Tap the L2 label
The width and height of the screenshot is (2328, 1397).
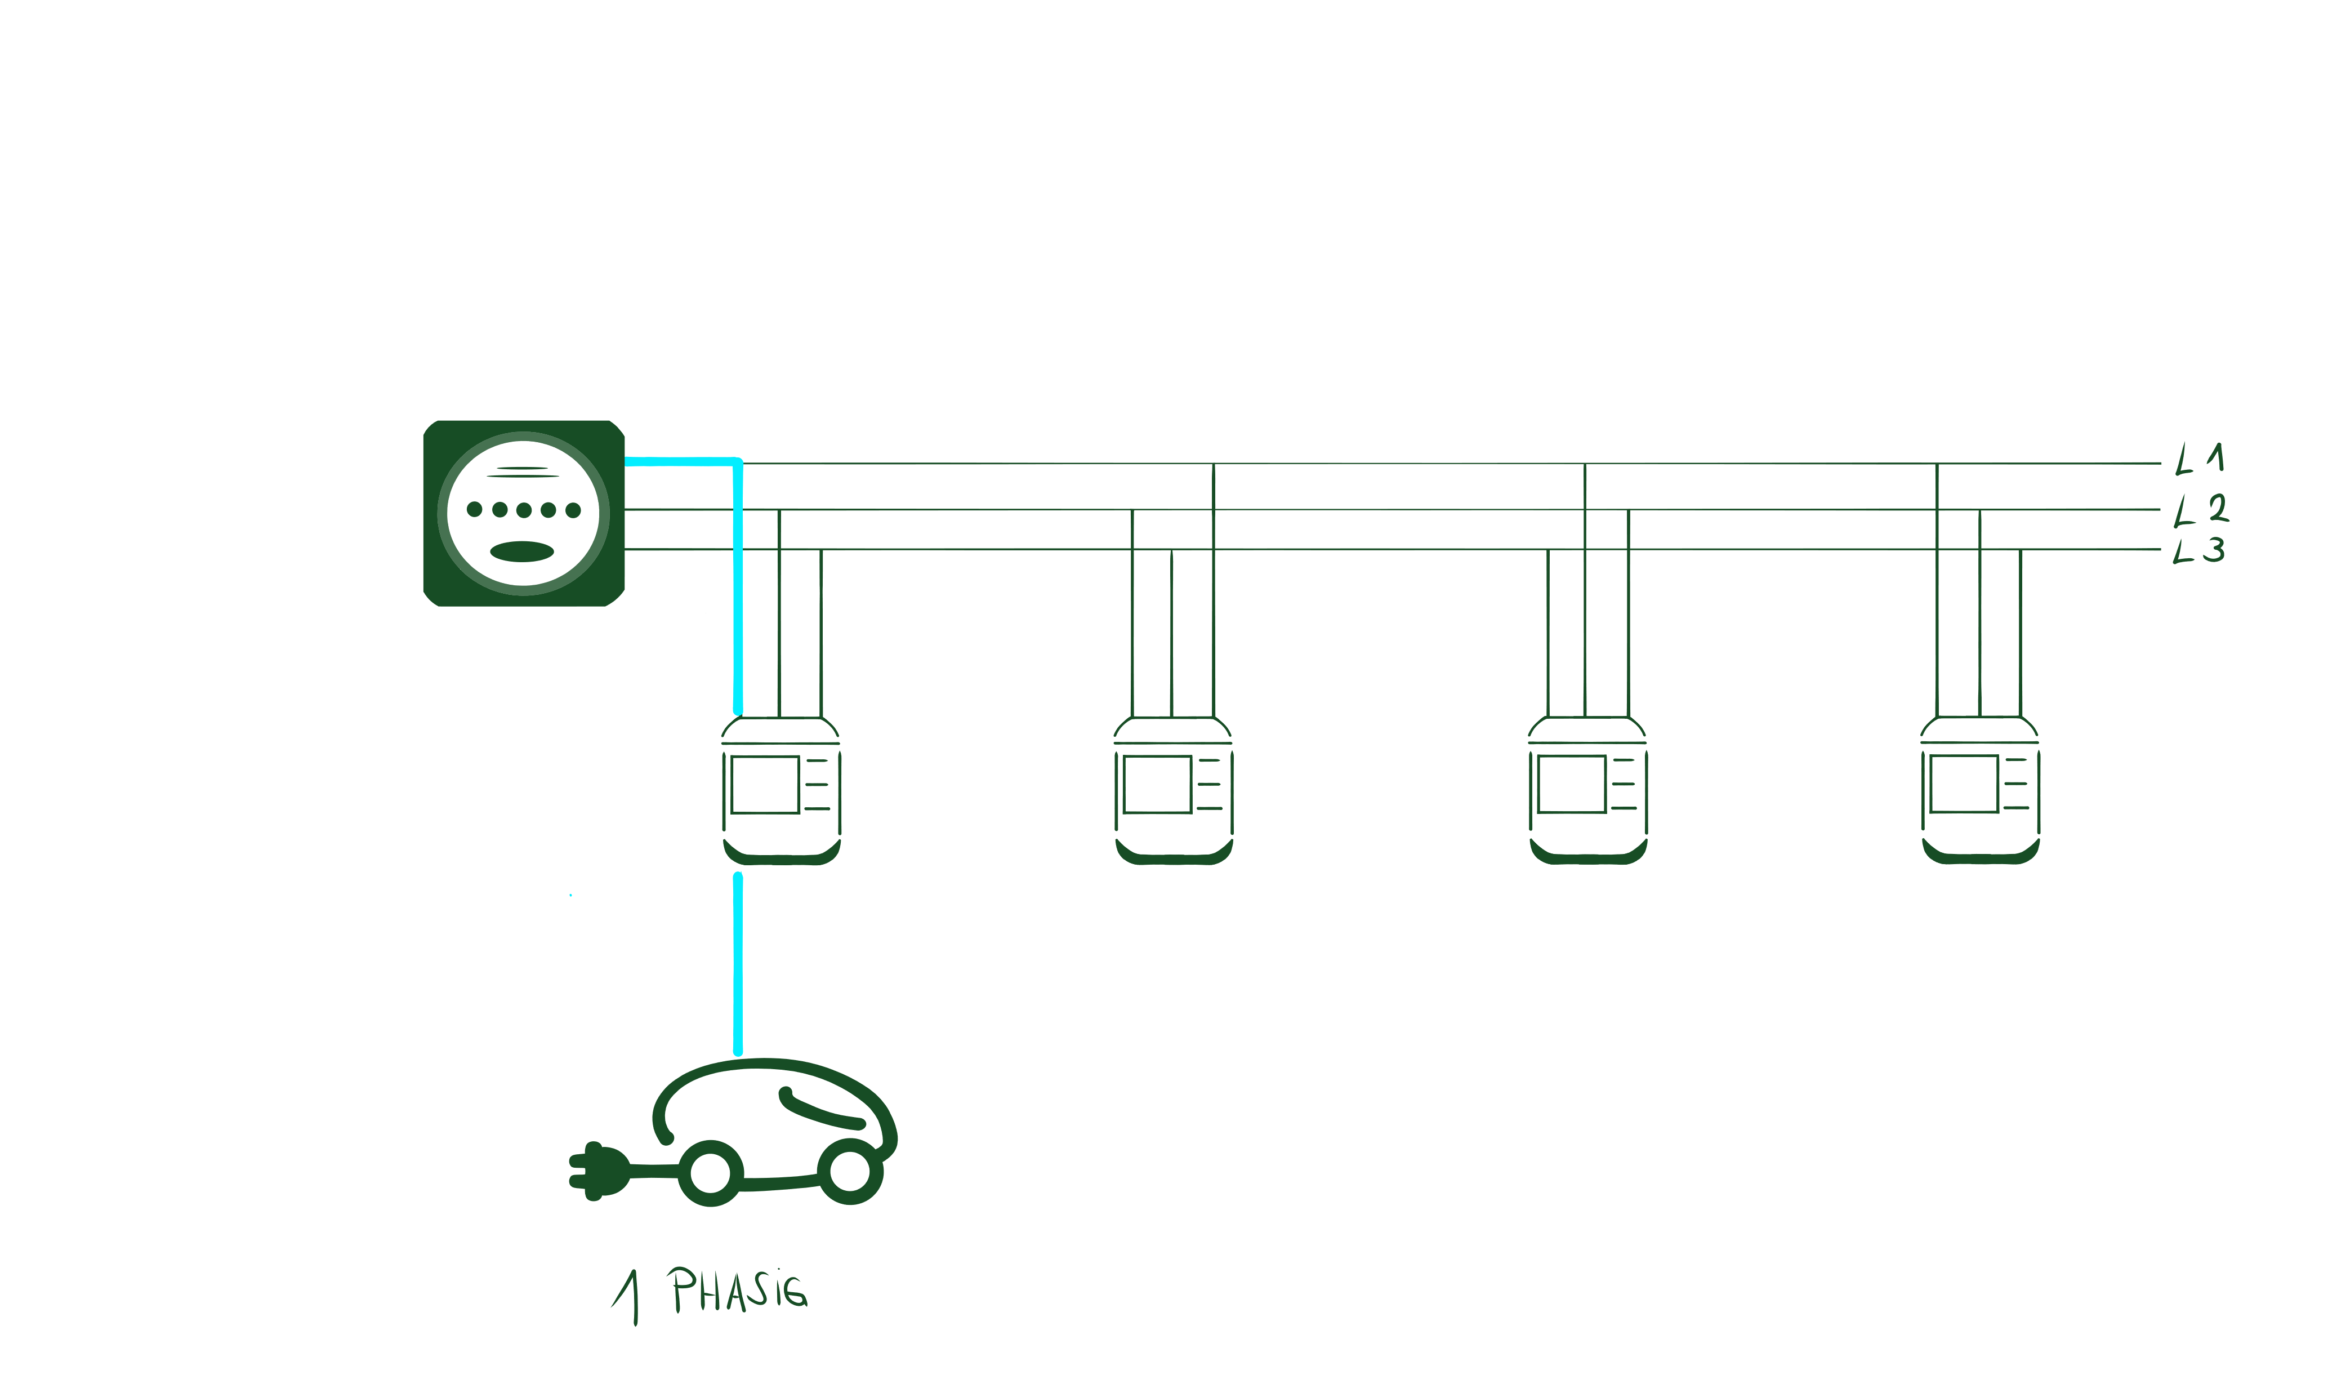tap(2200, 509)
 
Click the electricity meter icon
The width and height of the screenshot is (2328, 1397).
tap(523, 513)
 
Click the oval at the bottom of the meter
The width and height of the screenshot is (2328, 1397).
tap(522, 551)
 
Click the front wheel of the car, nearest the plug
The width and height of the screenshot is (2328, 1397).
tap(711, 1173)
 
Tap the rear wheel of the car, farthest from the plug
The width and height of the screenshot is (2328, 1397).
tap(850, 1171)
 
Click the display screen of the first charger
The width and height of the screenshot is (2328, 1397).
tap(765, 783)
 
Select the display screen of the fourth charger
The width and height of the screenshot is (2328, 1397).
tap(1964, 783)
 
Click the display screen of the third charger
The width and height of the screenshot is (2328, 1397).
tap(1572, 783)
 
